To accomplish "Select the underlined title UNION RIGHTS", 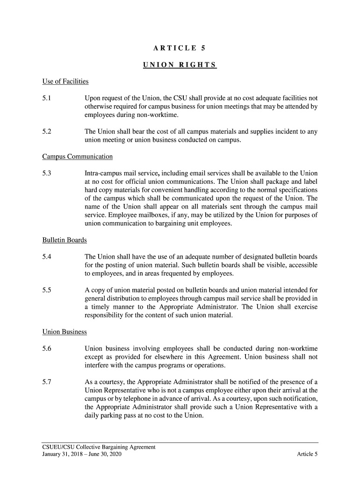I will [x=180, y=65].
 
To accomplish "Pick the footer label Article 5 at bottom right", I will [x=307, y=454].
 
